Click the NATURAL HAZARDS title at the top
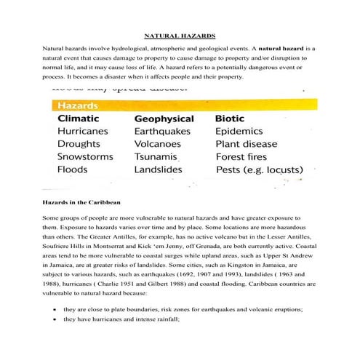click(179, 34)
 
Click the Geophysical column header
click(164, 119)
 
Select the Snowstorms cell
click(84, 156)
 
